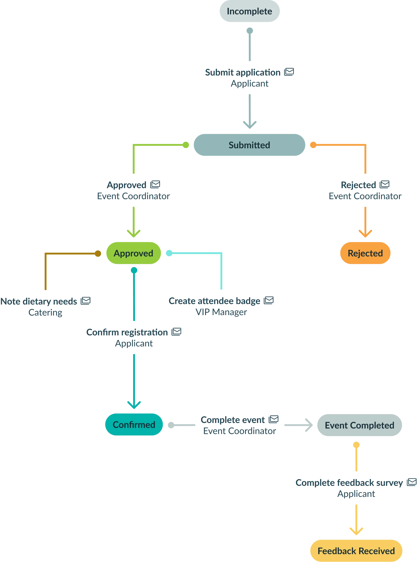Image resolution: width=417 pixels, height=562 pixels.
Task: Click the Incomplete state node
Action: [249, 11]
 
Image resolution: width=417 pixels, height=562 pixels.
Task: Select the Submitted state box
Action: [249, 145]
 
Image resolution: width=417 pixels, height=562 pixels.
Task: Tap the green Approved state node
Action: [133, 253]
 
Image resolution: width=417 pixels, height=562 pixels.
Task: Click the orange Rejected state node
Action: [365, 253]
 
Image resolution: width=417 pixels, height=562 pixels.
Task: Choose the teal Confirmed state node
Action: [134, 424]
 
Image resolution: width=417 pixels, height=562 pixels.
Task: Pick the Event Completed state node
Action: [359, 425]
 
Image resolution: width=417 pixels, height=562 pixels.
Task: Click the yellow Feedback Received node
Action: [356, 551]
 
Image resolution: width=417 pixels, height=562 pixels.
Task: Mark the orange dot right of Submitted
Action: [313, 145]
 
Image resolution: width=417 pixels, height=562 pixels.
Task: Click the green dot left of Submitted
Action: [186, 145]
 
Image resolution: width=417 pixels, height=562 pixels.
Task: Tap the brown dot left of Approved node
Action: [98, 253]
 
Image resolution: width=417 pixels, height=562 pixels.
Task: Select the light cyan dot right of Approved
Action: [169, 253]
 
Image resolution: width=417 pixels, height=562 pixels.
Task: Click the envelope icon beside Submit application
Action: [289, 72]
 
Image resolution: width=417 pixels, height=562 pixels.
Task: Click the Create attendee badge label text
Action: [214, 301]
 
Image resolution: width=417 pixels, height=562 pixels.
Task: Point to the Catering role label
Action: [45, 313]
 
